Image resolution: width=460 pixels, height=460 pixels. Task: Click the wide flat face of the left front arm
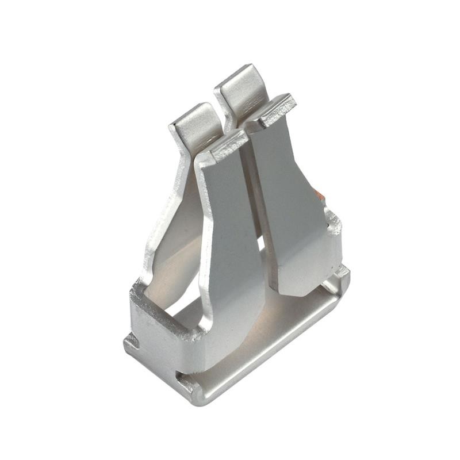(230, 230)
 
